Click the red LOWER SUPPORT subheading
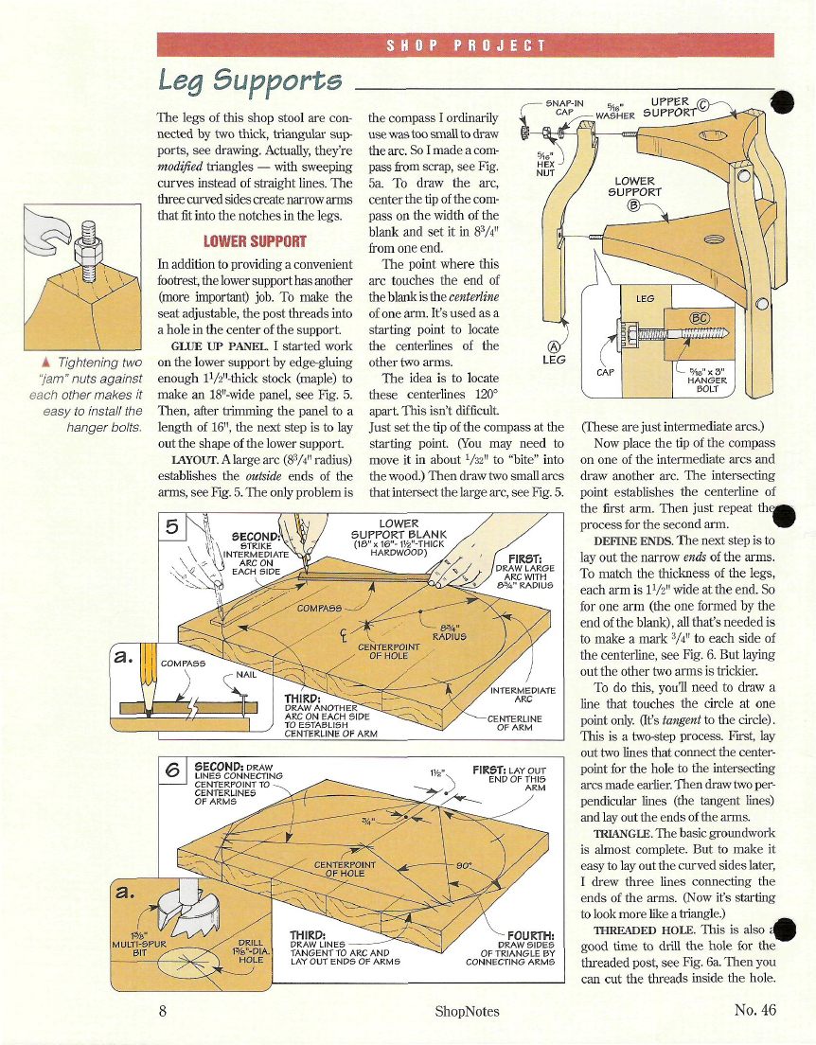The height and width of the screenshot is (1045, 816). (x=255, y=241)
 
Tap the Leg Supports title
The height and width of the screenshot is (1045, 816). (x=250, y=81)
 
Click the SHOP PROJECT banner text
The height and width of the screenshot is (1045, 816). (x=466, y=45)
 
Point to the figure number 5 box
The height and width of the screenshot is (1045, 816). (x=172, y=526)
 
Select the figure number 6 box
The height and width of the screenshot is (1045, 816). (x=172, y=770)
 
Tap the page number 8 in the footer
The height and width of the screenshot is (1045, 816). (x=163, y=1010)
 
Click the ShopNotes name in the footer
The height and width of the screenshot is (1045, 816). (x=467, y=1011)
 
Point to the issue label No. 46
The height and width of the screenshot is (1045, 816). (x=755, y=1010)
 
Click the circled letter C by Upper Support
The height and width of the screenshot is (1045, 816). (x=702, y=104)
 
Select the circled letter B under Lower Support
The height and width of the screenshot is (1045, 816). (x=634, y=204)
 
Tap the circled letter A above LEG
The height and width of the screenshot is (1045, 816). (x=554, y=346)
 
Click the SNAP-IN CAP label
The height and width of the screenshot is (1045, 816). (x=564, y=107)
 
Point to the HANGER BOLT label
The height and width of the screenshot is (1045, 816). (x=707, y=384)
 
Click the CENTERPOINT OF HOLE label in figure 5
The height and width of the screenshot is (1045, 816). (x=389, y=651)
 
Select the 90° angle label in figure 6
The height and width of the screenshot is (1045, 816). (x=464, y=865)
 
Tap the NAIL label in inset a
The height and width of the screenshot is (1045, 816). (x=246, y=675)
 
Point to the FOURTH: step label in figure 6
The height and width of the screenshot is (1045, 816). (x=531, y=936)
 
